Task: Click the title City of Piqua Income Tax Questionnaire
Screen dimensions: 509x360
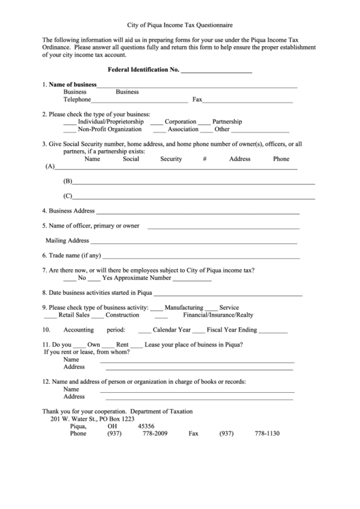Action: click(x=179, y=22)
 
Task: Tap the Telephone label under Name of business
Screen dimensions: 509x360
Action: click(x=77, y=99)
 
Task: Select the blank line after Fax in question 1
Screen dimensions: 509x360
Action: click(x=248, y=101)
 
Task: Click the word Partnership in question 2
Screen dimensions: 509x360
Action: click(x=228, y=122)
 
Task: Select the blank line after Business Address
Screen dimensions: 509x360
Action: click(x=197, y=212)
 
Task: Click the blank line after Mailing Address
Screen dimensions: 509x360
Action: click(x=194, y=242)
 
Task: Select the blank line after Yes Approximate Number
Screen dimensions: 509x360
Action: click(x=196, y=279)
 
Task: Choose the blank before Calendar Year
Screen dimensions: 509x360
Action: click(x=144, y=331)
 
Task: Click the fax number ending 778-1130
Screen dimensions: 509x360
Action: click(x=267, y=434)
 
